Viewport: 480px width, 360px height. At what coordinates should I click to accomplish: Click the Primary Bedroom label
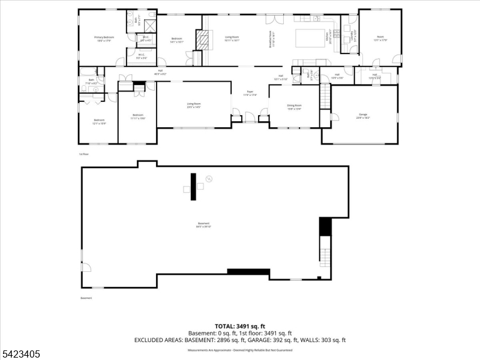[x=104, y=39]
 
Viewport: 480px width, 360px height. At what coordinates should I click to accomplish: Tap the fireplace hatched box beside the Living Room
[x=205, y=40]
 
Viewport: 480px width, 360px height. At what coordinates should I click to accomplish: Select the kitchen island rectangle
[x=309, y=37]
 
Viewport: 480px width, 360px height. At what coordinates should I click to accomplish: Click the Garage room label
[x=363, y=115]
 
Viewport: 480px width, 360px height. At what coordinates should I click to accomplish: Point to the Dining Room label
[x=294, y=107]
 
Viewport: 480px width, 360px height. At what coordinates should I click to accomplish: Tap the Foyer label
[x=249, y=94]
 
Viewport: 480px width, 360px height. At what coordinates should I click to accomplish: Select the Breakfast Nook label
[x=271, y=40]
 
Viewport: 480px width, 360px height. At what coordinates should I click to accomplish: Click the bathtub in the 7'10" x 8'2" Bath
[x=92, y=91]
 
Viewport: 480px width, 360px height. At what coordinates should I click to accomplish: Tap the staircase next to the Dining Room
[x=325, y=97]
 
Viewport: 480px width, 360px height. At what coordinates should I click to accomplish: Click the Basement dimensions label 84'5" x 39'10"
[x=203, y=224]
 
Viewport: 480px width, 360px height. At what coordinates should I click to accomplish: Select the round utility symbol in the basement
[x=209, y=178]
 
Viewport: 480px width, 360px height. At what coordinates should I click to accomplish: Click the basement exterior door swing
[x=86, y=268]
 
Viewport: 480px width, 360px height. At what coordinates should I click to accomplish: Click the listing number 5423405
[x=20, y=354]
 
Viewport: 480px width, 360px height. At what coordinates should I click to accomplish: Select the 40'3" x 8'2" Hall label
[x=160, y=73]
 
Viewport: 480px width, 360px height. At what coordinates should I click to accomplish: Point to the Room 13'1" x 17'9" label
[x=380, y=39]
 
